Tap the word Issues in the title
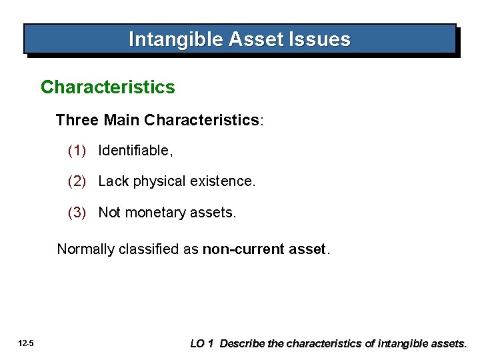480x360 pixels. [323, 40]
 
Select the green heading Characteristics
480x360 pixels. [108, 87]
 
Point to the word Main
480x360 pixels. [121, 120]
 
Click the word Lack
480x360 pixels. [113, 181]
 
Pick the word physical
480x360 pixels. [155, 181]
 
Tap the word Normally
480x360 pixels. [85, 249]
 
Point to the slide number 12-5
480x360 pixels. [27, 344]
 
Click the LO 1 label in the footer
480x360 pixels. [201, 344]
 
